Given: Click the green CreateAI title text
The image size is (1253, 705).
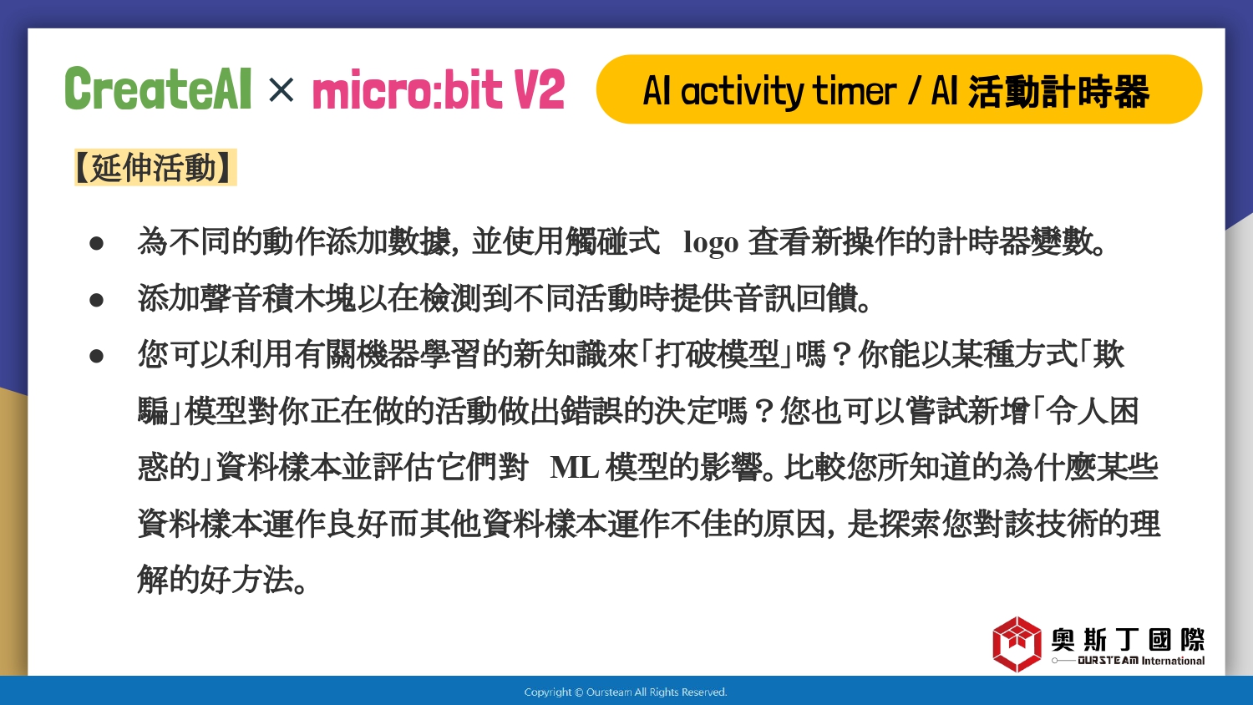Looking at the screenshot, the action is (x=159, y=89).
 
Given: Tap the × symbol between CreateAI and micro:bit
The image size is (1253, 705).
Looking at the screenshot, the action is (x=281, y=90).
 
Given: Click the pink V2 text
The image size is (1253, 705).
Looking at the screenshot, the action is (x=539, y=89).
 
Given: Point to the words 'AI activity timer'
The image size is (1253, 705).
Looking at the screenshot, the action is (x=769, y=91).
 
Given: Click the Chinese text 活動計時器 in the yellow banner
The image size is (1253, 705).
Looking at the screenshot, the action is (x=1058, y=91).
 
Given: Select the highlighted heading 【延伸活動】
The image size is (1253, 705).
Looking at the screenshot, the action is (x=155, y=167).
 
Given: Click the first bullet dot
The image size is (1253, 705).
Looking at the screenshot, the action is (x=96, y=243).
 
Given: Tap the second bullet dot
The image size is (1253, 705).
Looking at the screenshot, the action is (x=96, y=300).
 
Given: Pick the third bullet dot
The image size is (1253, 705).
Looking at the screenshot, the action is (x=96, y=356).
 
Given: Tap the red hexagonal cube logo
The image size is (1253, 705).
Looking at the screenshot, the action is (x=1017, y=644).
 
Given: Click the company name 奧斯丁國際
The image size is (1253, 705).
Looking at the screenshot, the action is (x=1128, y=639).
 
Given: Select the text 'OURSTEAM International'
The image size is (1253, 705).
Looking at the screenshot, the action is (x=1141, y=661).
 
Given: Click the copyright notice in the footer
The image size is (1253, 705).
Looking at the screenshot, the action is (x=626, y=692).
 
